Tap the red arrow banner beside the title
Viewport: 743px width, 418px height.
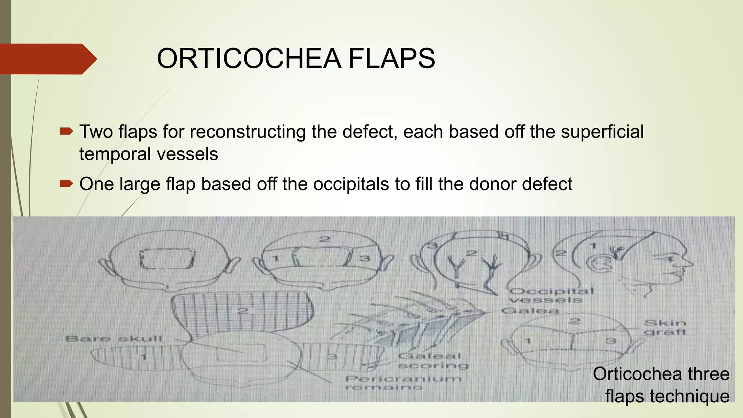click(47, 59)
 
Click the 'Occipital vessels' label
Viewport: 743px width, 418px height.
click(551, 295)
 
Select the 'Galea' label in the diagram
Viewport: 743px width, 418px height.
click(529, 311)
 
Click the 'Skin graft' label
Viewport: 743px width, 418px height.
click(665, 327)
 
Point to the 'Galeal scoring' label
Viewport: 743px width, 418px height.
click(433, 361)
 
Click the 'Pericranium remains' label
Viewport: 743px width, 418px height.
click(403, 383)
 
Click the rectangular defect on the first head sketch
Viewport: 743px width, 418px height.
click(167, 259)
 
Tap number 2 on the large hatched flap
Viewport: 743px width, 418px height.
click(242, 311)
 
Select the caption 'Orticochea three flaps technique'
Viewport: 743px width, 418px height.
click(661, 385)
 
